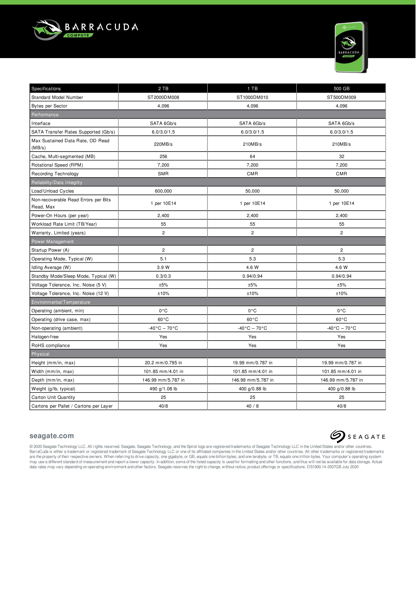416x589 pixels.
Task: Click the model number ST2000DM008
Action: pyautogui.click(x=163, y=97)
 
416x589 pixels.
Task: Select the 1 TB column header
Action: pyautogui.click(x=252, y=88)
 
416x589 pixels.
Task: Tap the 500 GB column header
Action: pyautogui.click(x=341, y=88)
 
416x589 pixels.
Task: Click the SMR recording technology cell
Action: pyautogui.click(x=163, y=174)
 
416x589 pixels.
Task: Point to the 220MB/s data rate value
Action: pyautogui.click(x=163, y=144)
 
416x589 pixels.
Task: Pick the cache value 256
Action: pyautogui.click(x=163, y=156)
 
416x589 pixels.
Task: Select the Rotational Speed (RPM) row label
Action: pyautogui.click(x=57, y=165)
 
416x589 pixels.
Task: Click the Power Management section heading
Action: pyautogui.click(x=52, y=241)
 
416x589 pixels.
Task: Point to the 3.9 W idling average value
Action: pyautogui.click(x=163, y=267)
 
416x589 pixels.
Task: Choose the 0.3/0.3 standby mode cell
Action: pyautogui.click(x=163, y=276)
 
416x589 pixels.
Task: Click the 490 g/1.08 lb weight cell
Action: pyautogui.click(x=163, y=389)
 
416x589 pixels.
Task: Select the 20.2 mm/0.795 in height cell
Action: pyautogui.click(x=163, y=363)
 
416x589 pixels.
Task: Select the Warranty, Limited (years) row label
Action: pyautogui.click(x=58, y=233)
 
